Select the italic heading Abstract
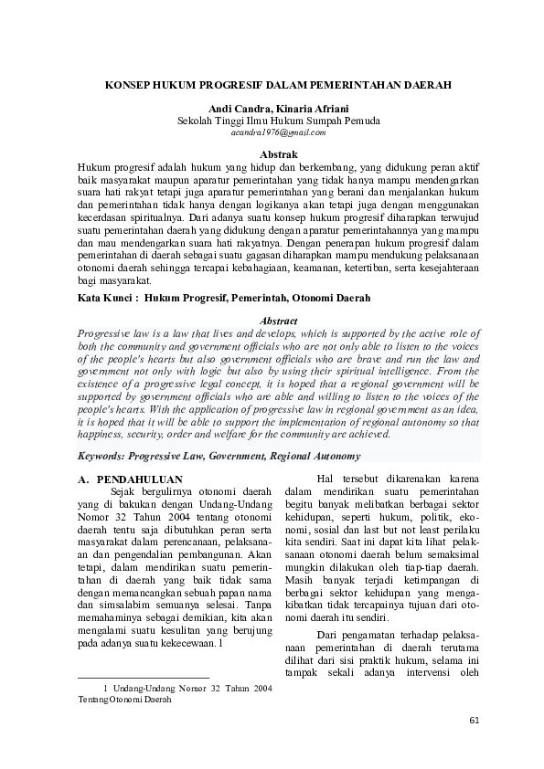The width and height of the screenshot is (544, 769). pyautogui.click(x=278, y=321)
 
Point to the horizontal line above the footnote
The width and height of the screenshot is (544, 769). pyautogui.click(x=144, y=678)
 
